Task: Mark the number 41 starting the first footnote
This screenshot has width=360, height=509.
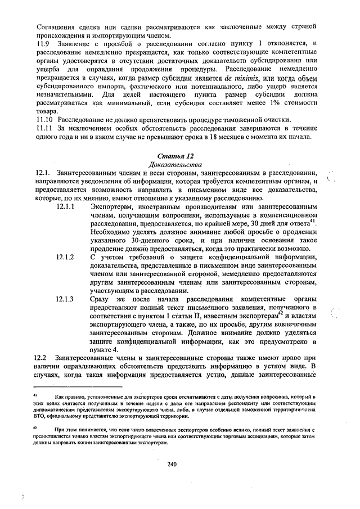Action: coord(36,397)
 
